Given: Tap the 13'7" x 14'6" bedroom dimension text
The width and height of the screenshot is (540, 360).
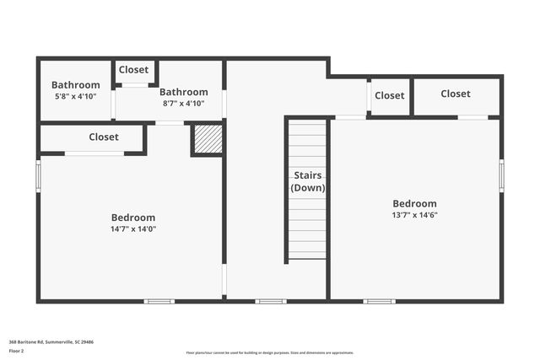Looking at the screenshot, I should point(414,214).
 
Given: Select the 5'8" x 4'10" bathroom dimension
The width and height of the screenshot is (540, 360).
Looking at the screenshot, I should point(75,96).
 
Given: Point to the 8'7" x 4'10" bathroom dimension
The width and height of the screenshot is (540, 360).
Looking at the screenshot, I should point(183,103).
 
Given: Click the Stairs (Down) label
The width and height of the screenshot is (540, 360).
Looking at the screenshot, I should point(308,181).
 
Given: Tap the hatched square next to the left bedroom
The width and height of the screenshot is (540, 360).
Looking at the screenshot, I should point(208,139).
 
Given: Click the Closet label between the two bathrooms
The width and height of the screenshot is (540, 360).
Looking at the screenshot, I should point(134,70).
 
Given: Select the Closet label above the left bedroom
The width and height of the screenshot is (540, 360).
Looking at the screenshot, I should point(104,137).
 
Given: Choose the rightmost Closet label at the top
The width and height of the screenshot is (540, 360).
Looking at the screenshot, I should point(456,94).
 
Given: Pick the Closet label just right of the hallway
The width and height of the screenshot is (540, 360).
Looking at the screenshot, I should point(389,95).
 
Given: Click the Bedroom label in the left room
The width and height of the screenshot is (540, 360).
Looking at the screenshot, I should point(133,218).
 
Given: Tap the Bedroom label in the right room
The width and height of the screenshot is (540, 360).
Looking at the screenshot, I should point(414,203).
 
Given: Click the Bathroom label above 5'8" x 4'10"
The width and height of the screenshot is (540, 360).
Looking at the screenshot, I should point(75,85).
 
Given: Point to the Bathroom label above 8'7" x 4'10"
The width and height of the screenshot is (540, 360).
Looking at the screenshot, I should point(183,92).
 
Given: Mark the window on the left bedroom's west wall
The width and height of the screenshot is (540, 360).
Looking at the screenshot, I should point(38,176).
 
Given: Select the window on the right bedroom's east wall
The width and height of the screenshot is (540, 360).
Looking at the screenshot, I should point(501,176).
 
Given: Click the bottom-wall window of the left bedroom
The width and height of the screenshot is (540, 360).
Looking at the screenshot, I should point(159,301).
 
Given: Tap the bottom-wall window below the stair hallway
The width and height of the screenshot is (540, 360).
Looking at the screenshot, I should point(271,301).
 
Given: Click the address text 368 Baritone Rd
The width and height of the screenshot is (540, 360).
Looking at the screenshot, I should point(51,342).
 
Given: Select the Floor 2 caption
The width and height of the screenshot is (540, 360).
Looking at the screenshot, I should point(17,351).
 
